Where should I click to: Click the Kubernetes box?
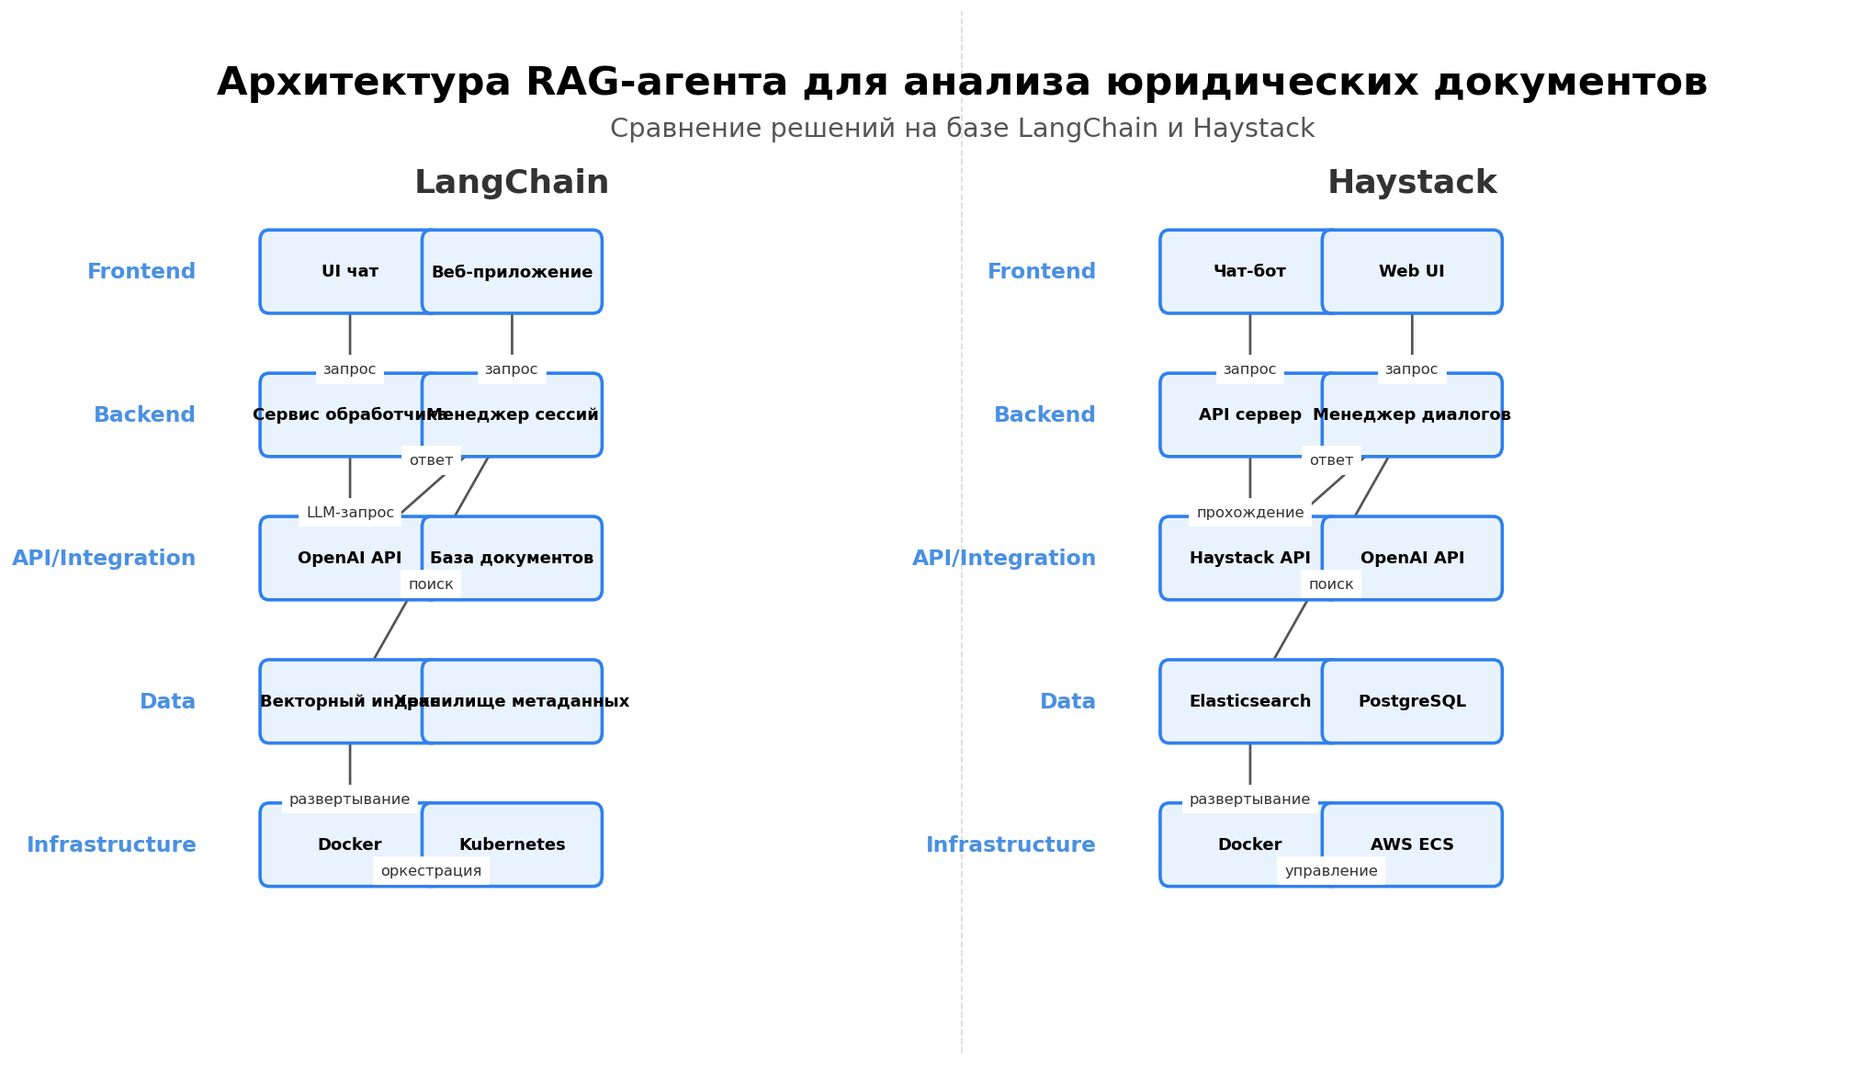click(512, 844)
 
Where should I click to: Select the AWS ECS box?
click(1412, 844)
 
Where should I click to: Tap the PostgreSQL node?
click(1412, 701)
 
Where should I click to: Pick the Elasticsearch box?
click(1249, 701)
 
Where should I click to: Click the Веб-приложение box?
click(512, 272)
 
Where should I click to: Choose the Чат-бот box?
click(1249, 272)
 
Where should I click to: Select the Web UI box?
click(1412, 272)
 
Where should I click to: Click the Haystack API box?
click(1249, 558)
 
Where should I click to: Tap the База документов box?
click(512, 558)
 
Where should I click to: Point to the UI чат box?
click(350, 272)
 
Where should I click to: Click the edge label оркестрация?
click(431, 871)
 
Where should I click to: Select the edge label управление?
click(1331, 871)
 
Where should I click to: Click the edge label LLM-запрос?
click(350, 513)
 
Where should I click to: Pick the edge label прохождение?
click(1249, 513)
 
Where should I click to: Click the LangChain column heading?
click(512, 183)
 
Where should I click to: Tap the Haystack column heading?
click(1412, 183)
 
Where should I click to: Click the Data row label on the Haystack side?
click(1067, 702)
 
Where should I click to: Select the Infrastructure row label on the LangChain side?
click(111, 845)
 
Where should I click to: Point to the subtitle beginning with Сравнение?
click(962, 129)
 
